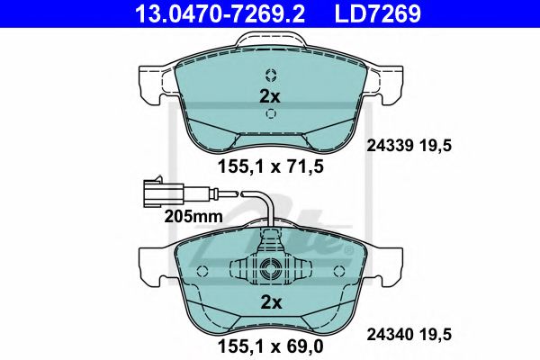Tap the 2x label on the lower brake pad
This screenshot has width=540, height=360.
coord(270,302)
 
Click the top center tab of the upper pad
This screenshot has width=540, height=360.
coord(270,40)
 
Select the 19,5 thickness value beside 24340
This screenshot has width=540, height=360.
coord(437,334)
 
